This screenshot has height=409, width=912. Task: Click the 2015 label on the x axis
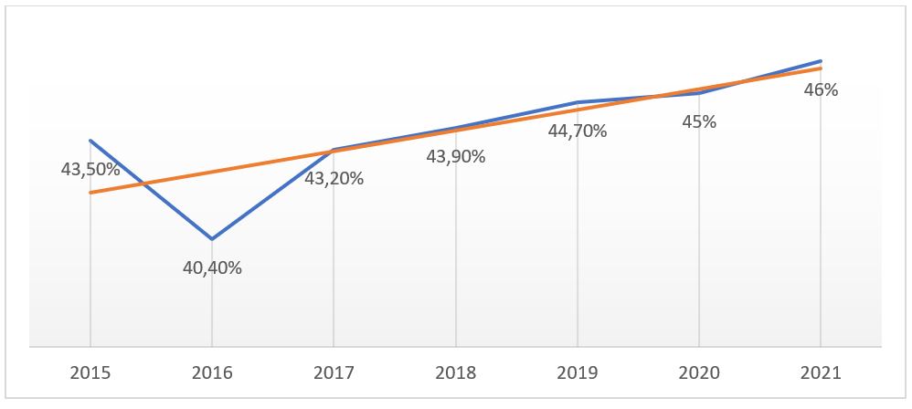pyautogui.click(x=90, y=373)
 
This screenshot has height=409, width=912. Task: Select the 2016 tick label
pyautogui.click(x=211, y=373)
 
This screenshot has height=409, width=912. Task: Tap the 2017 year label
pyautogui.click(x=334, y=373)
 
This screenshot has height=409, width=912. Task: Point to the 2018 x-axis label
pyautogui.click(x=455, y=373)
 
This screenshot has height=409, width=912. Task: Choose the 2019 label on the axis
pyautogui.click(x=577, y=373)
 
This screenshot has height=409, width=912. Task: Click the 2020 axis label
pyautogui.click(x=698, y=373)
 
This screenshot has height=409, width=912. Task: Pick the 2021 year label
pyautogui.click(x=820, y=373)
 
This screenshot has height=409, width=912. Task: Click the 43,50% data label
pyautogui.click(x=90, y=168)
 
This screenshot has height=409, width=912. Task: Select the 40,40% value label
pyautogui.click(x=212, y=267)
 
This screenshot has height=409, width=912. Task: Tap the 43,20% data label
pyautogui.click(x=334, y=178)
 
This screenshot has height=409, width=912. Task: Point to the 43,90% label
pyautogui.click(x=455, y=156)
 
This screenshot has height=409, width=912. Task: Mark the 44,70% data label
pyautogui.click(x=577, y=131)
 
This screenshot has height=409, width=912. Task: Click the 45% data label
pyautogui.click(x=698, y=121)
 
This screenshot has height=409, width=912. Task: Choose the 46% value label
pyautogui.click(x=821, y=89)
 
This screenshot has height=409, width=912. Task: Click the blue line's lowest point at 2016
pyautogui.click(x=212, y=239)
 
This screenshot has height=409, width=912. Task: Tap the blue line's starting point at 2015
pyautogui.click(x=90, y=141)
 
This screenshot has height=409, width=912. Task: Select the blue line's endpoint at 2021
pyautogui.click(x=821, y=60)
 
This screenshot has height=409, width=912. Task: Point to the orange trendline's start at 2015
pyautogui.click(x=90, y=193)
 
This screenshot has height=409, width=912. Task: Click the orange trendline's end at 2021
pyautogui.click(x=821, y=68)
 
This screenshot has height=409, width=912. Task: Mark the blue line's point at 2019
pyautogui.click(x=577, y=102)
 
